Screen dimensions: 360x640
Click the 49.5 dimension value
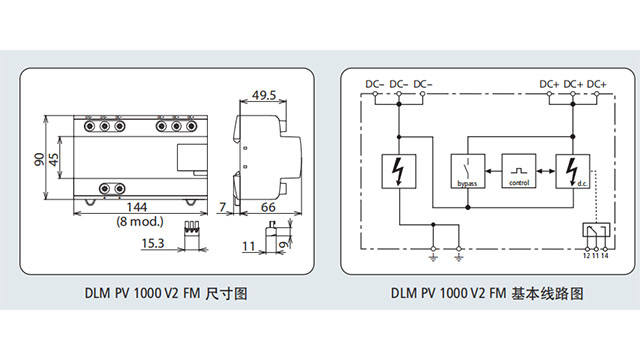(x=264, y=96)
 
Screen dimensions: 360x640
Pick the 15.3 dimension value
(x=153, y=242)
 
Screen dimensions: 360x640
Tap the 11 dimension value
(x=249, y=243)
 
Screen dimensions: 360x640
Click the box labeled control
(x=519, y=172)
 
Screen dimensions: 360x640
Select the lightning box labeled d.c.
(x=573, y=172)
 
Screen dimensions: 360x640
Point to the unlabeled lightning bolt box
(x=399, y=172)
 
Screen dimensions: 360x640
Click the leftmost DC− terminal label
(x=373, y=83)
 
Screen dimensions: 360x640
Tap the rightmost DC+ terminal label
(x=598, y=83)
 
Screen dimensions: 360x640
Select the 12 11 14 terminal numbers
(x=596, y=257)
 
